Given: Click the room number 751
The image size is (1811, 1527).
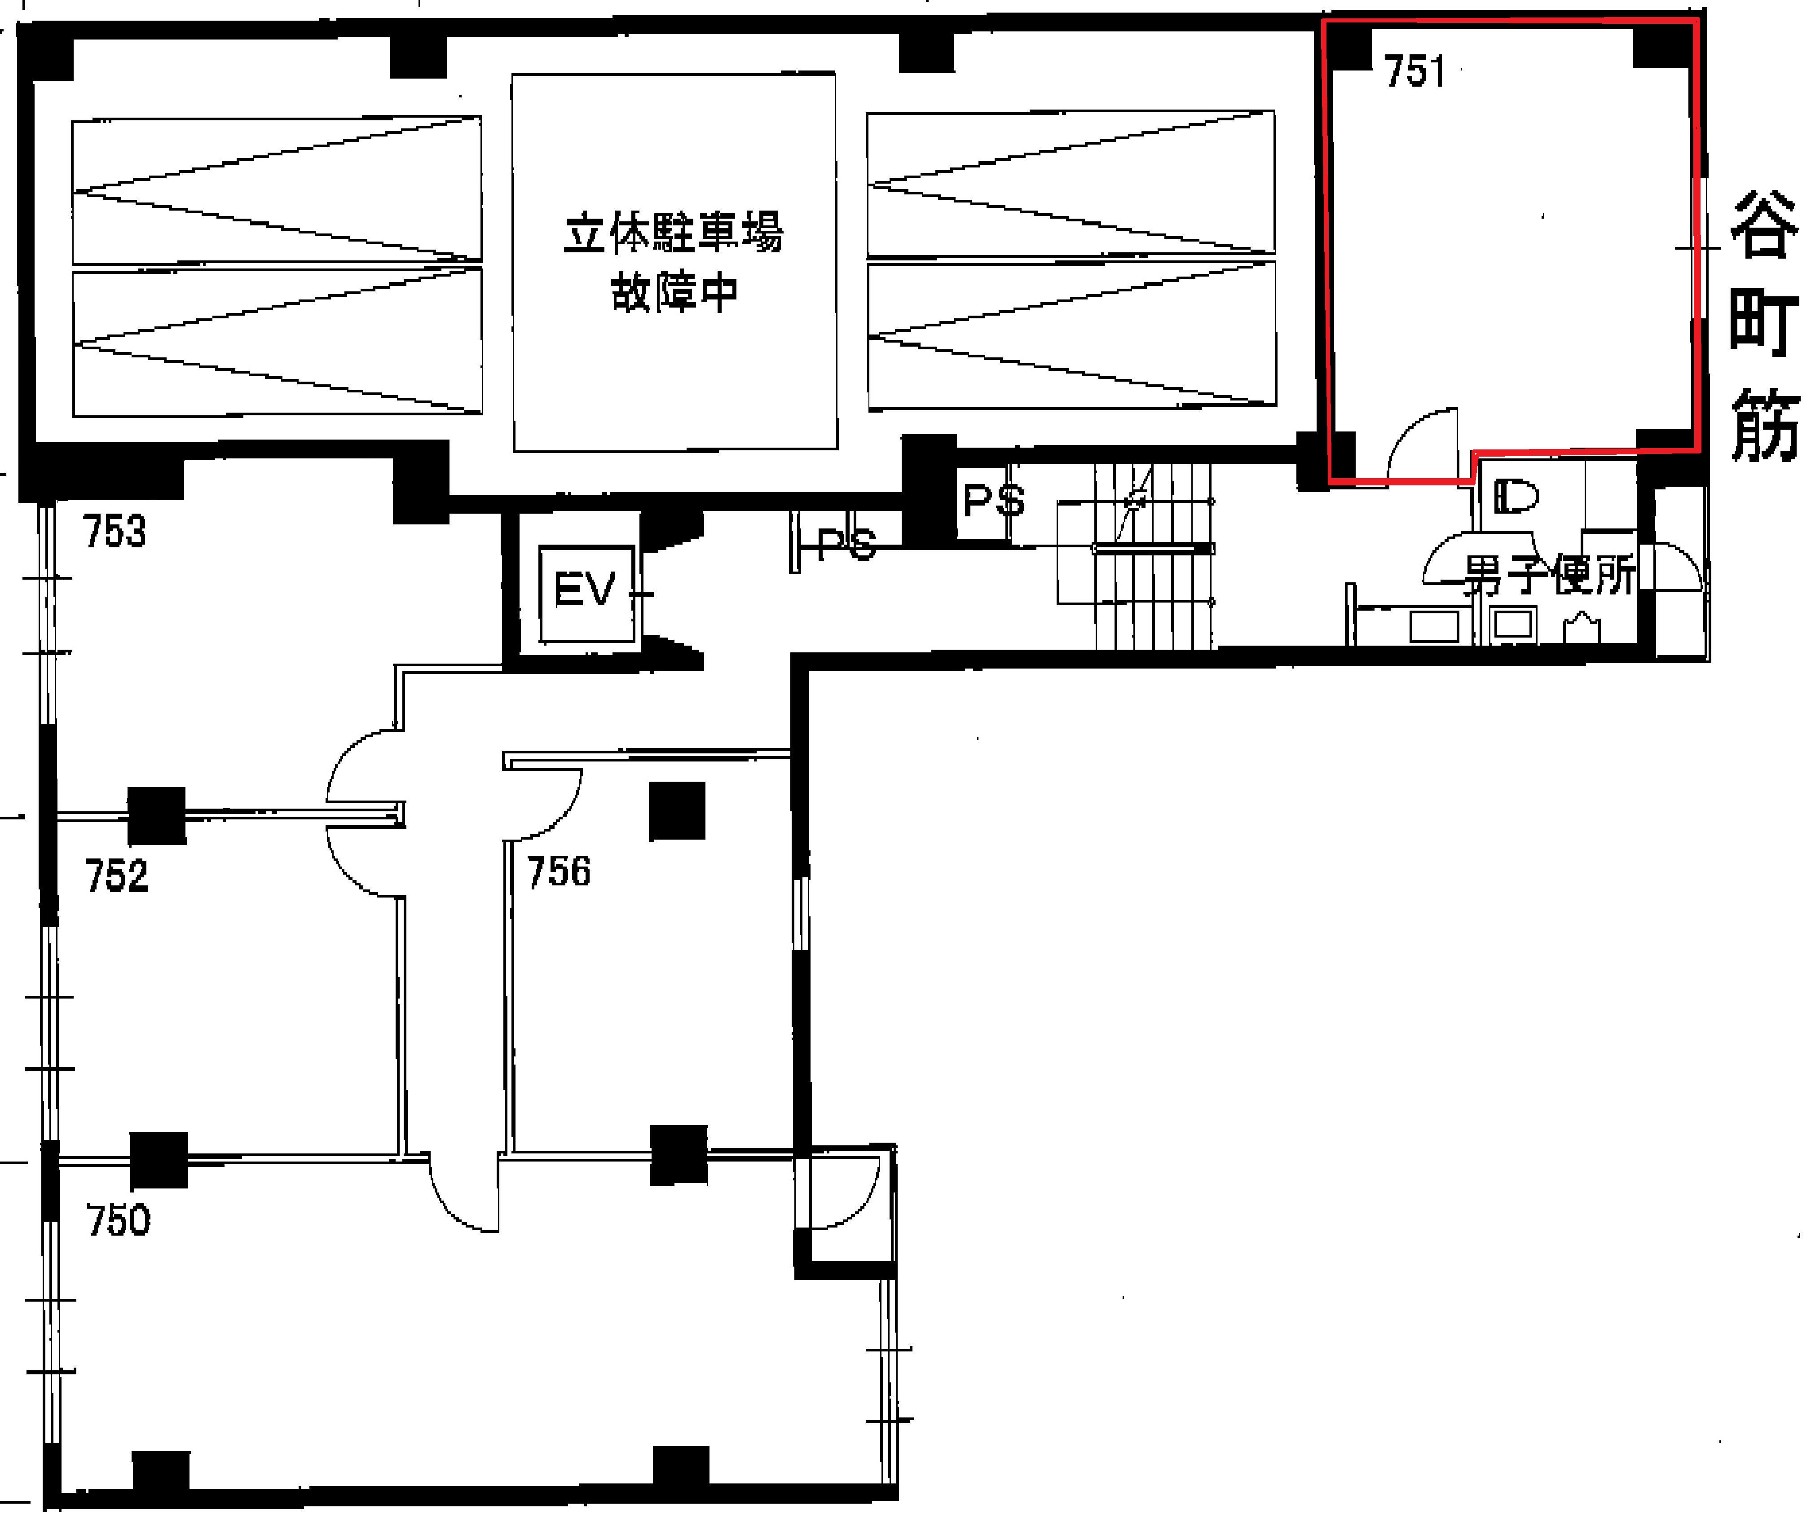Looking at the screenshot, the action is (1414, 71).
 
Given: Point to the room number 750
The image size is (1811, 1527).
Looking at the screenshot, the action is (118, 1220).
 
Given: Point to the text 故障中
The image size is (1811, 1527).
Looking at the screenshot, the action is (674, 292).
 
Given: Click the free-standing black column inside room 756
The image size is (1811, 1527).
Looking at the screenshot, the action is (677, 810).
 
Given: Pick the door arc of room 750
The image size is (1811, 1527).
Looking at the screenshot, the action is (450, 1206).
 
